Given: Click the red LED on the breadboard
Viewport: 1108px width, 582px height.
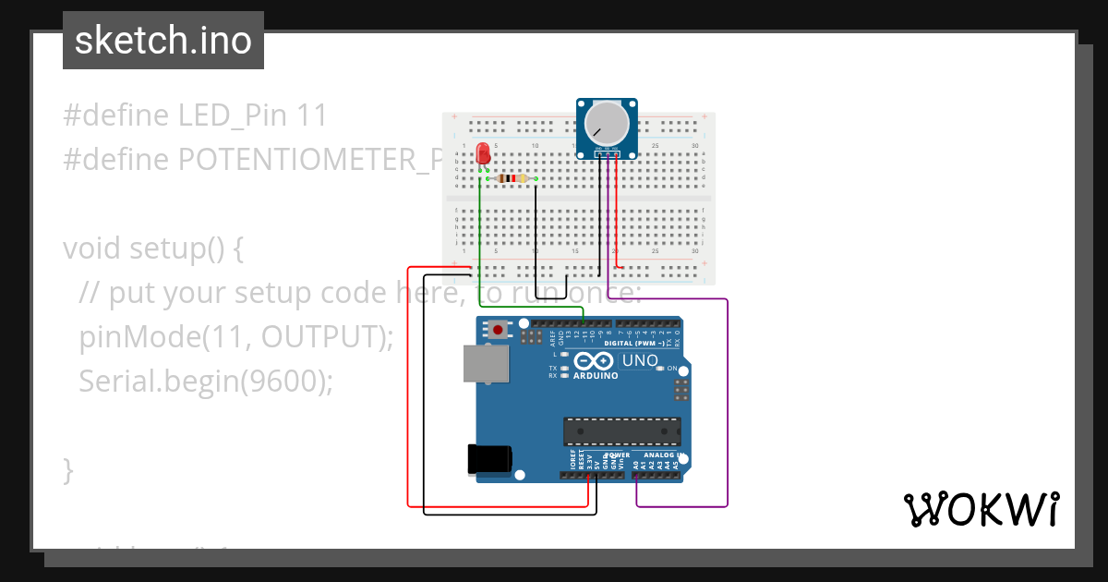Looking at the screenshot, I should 482,155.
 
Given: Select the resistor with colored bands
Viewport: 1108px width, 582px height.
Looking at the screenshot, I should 512,178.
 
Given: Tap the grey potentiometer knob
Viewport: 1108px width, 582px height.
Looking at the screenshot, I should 608,125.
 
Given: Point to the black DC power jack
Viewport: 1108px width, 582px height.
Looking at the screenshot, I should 489,459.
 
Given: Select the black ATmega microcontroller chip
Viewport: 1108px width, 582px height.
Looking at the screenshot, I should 622,431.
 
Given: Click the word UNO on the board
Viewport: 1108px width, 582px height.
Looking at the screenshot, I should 640,360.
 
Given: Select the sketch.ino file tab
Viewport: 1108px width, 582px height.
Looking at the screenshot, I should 163,41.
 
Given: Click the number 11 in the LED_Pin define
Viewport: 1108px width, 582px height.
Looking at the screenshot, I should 312,115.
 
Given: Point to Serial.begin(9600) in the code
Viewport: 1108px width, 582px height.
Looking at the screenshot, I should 205,381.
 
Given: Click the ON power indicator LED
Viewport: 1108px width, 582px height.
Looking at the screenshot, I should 660,369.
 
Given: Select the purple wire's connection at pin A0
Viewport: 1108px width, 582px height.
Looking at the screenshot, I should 637,476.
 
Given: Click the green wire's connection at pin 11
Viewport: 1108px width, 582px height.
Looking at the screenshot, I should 584,323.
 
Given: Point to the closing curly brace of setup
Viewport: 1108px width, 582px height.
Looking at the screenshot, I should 67,470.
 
